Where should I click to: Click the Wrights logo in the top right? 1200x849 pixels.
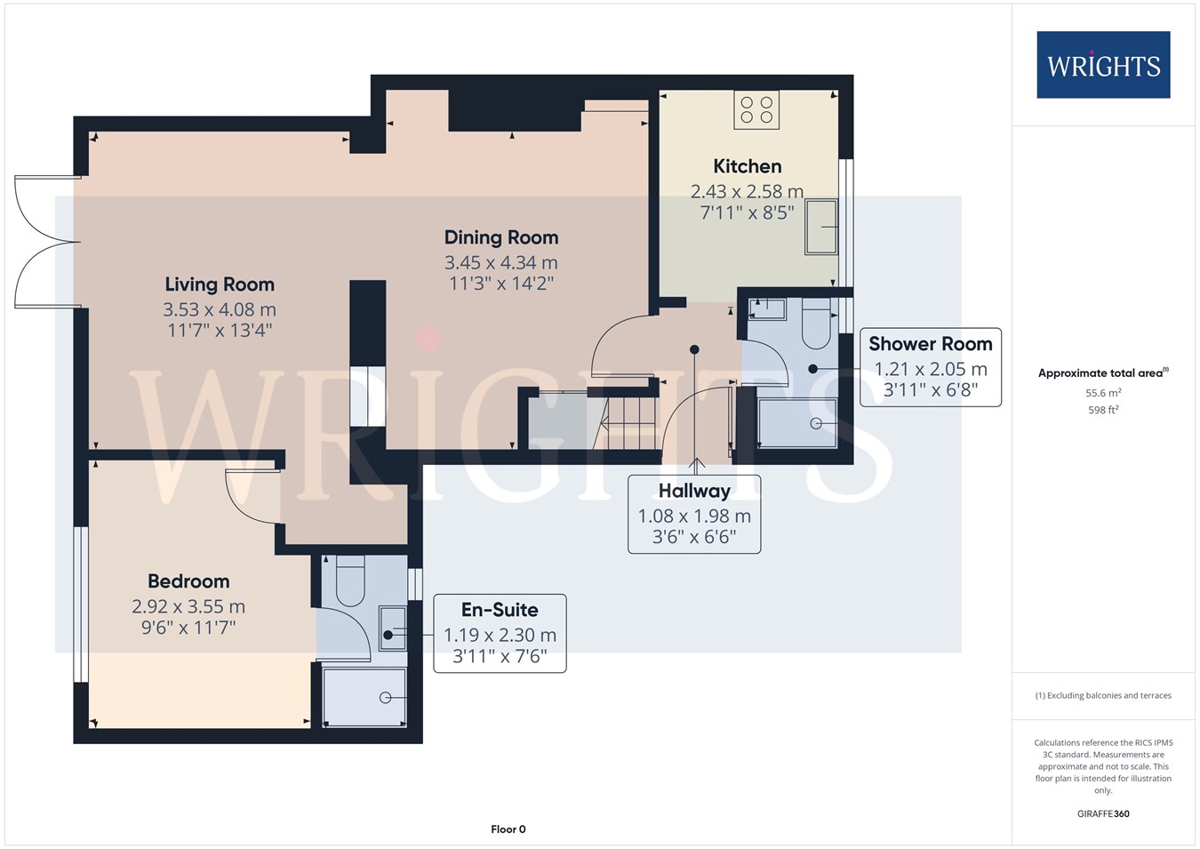coord(1103,65)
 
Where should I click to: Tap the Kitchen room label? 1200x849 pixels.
coord(747,166)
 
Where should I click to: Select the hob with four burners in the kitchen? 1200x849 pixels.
coord(756,110)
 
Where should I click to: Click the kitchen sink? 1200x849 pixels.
coord(820,227)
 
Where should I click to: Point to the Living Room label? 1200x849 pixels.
coord(220,284)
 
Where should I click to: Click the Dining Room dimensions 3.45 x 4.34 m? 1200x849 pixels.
coord(501,262)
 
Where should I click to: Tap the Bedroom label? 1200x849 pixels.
coord(188,581)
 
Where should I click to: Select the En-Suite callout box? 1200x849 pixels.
coord(500,633)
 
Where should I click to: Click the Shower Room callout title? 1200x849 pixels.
coord(931,344)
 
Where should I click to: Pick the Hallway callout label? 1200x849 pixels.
coord(694,491)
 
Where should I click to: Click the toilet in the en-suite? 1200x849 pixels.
coord(350,581)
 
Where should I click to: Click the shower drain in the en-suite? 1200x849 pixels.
coord(385,697)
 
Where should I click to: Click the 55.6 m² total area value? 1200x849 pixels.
coord(1103,393)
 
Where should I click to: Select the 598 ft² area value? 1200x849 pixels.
coord(1103,410)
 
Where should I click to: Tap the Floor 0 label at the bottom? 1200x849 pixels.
coord(508,829)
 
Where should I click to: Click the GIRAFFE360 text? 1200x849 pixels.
coord(1103,813)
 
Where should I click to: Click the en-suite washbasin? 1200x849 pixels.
coord(393,629)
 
